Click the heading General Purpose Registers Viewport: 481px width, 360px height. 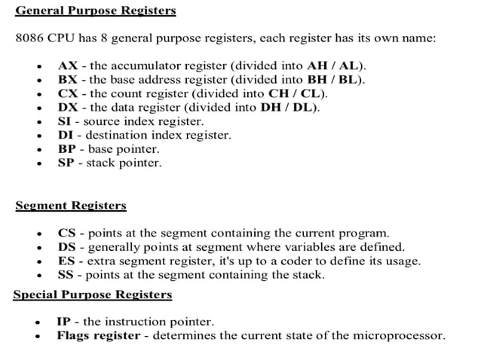click(x=96, y=11)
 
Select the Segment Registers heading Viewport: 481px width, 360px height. click(x=71, y=206)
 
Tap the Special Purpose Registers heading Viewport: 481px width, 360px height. click(x=81, y=294)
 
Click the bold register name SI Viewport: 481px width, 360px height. click(x=65, y=121)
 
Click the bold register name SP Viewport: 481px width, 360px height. click(x=66, y=163)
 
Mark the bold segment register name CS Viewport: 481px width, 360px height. click(x=66, y=233)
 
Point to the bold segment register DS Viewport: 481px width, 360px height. click(x=66, y=247)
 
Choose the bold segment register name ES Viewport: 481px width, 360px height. click(x=66, y=261)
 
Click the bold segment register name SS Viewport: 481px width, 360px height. click(x=66, y=275)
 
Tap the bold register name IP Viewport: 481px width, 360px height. click(x=64, y=322)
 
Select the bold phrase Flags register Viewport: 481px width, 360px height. click(x=98, y=336)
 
